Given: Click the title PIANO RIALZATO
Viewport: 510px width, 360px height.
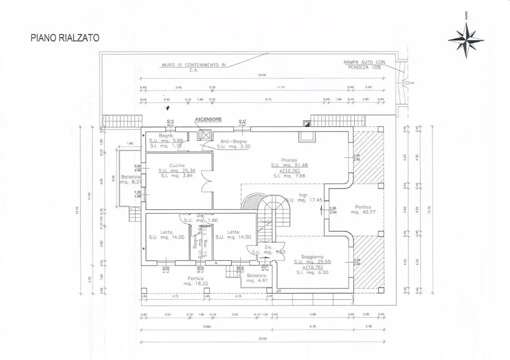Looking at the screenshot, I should click(x=65, y=37).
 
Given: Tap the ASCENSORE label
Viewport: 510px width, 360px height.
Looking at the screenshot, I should click(x=208, y=120).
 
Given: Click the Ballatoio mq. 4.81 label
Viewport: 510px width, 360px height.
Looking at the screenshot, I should click(x=254, y=278).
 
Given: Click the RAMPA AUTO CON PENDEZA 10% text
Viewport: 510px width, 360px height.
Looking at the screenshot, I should click(x=364, y=64).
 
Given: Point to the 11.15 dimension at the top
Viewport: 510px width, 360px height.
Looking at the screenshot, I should click(x=280, y=87).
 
